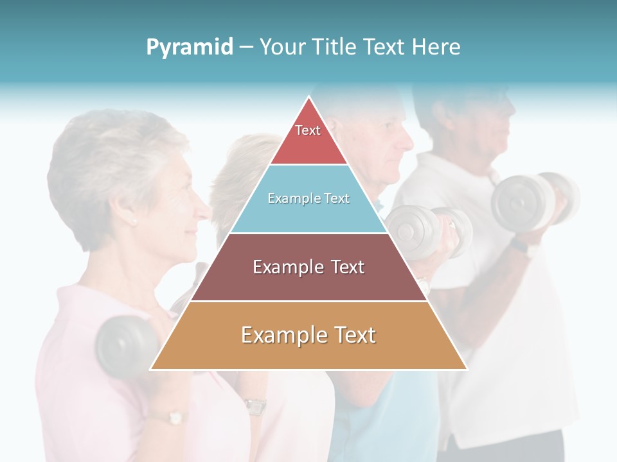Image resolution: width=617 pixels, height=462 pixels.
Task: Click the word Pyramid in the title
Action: click(190, 47)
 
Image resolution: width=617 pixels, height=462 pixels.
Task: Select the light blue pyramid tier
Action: click(308, 215)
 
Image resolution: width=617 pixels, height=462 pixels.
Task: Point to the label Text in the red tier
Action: click(308, 130)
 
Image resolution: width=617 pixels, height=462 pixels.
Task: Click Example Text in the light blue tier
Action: click(308, 198)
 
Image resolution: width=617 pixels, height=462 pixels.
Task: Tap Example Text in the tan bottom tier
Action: click(308, 335)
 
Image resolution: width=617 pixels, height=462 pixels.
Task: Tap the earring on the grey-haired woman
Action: click(134, 222)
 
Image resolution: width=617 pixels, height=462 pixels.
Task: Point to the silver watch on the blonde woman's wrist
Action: click(255, 406)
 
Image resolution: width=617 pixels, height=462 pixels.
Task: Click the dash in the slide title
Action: click(246, 47)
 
